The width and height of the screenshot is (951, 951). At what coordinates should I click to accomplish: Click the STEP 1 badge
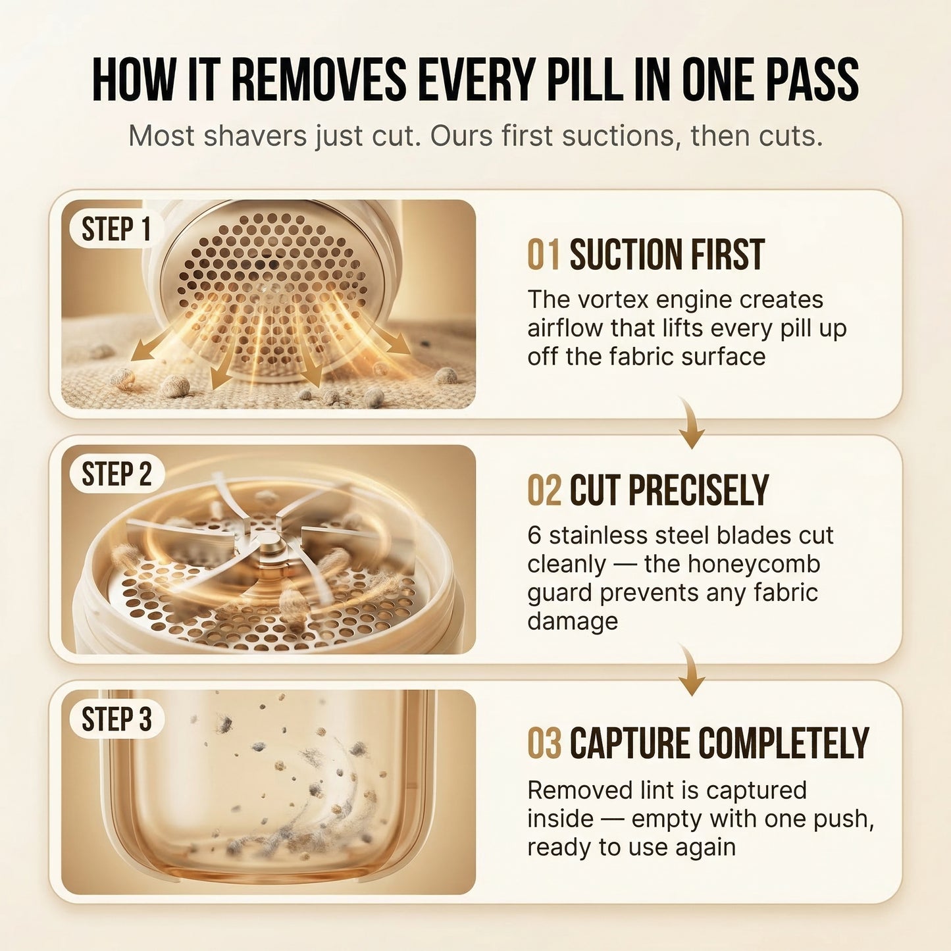coord(116,230)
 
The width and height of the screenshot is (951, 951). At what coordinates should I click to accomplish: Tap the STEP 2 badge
coord(116,474)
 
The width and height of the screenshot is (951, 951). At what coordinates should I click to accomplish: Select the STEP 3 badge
coord(116,719)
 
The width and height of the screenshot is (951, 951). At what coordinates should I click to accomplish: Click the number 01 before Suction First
coord(544,255)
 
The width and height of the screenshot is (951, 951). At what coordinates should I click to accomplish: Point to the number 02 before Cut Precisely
coord(544,490)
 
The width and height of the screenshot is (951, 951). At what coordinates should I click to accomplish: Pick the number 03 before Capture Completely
coord(544,744)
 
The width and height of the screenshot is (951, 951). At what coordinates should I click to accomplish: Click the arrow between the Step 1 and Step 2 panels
coord(691,425)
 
